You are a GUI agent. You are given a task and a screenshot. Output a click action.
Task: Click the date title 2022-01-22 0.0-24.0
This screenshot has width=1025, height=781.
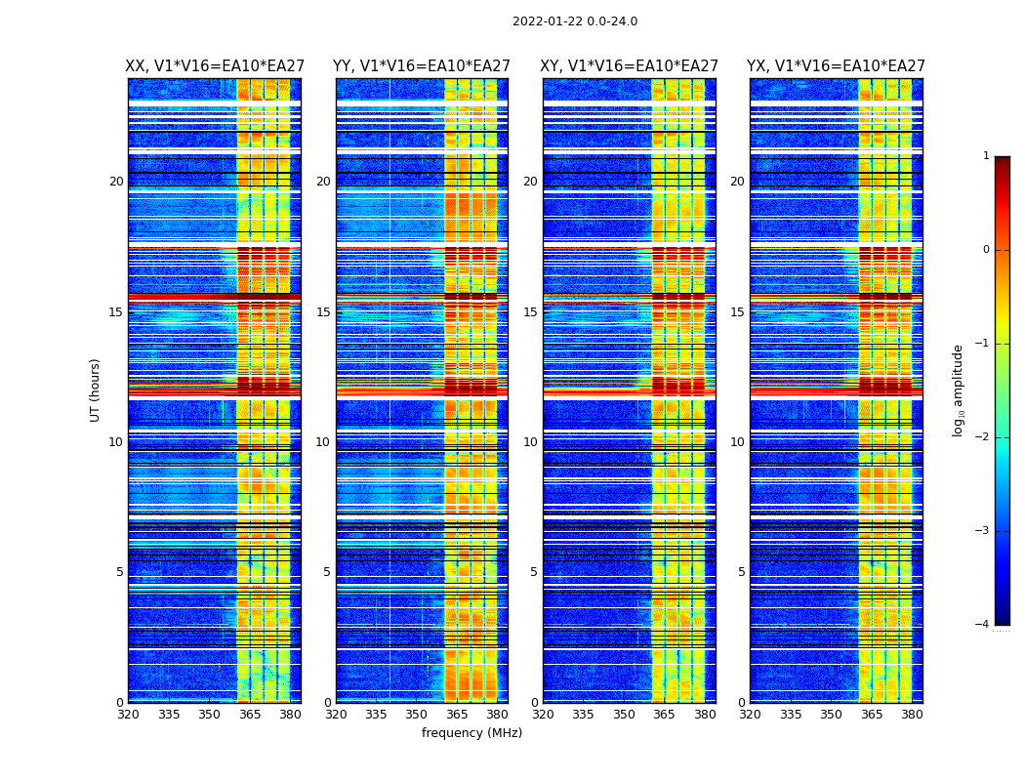click(575, 21)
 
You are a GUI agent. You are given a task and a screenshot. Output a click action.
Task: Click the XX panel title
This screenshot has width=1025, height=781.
click(215, 66)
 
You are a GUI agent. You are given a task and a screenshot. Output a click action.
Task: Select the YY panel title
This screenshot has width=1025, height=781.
click(422, 66)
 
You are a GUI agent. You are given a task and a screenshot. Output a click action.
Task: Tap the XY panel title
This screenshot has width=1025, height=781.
click(630, 66)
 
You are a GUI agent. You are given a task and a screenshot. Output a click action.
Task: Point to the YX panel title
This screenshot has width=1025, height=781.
click(836, 66)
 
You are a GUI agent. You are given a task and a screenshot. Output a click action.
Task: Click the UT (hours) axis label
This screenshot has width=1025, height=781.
click(96, 390)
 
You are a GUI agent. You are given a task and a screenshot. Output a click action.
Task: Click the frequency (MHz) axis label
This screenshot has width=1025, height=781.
click(471, 733)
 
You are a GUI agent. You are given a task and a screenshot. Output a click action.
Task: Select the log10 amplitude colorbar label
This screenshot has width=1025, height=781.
click(959, 390)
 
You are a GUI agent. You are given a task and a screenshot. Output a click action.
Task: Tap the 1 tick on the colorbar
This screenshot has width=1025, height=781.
click(986, 156)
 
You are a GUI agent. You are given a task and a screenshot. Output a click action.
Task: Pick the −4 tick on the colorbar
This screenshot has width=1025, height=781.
click(983, 625)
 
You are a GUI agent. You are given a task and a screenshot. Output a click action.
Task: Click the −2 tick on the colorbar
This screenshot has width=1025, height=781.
click(983, 437)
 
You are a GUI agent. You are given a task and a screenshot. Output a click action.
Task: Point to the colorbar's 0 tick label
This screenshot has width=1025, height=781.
click(986, 250)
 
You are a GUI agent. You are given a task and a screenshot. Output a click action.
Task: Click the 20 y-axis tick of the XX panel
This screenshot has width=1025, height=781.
click(116, 182)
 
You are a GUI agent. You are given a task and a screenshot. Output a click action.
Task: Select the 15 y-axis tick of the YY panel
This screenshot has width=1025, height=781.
click(323, 312)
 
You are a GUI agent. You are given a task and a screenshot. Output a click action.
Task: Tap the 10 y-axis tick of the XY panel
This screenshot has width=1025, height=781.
click(530, 442)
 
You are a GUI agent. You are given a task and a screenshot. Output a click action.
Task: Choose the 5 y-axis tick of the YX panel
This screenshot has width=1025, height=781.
click(741, 572)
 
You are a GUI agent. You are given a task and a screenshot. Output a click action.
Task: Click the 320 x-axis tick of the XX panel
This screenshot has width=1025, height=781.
click(128, 715)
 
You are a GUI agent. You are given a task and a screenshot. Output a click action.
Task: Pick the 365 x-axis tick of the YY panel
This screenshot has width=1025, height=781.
click(457, 715)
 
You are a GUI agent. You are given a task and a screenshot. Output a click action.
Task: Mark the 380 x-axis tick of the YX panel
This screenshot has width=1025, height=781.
click(912, 715)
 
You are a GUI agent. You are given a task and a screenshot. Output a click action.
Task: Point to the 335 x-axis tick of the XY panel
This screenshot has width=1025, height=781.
click(583, 715)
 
